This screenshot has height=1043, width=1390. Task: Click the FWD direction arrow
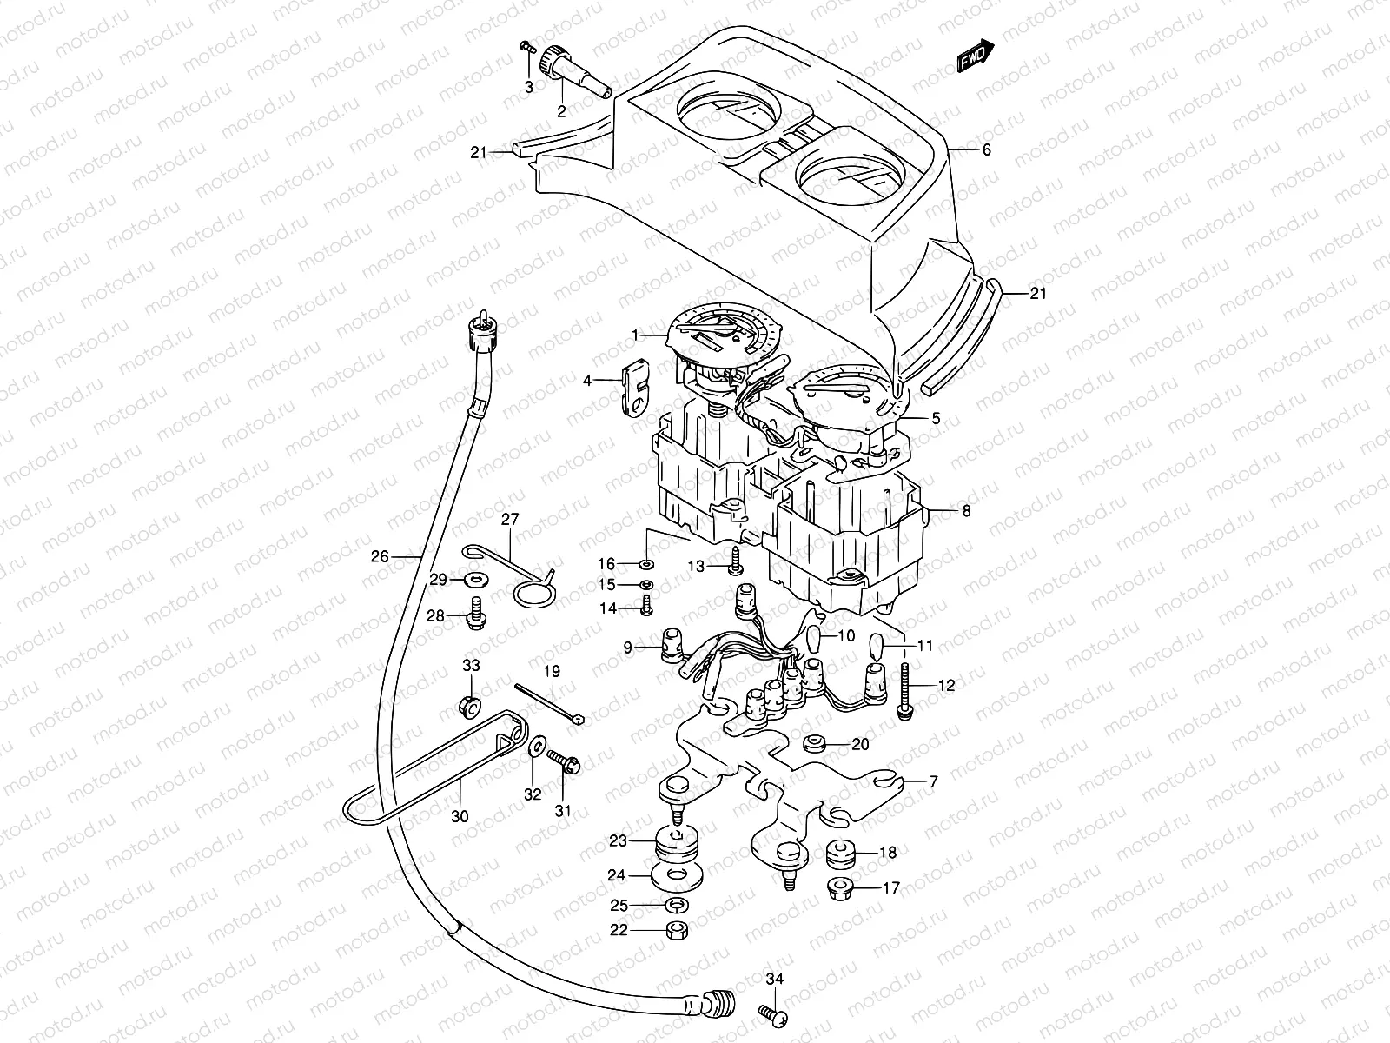975,57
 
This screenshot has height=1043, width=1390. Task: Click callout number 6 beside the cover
986,149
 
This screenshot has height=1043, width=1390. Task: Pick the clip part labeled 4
635,388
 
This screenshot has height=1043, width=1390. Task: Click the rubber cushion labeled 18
841,854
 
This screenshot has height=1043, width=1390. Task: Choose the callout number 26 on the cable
379,557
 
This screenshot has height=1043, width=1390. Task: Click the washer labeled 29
477,579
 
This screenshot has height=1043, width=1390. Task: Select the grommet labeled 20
816,743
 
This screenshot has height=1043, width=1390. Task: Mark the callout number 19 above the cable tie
553,671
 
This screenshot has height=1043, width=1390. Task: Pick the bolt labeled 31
566,762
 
